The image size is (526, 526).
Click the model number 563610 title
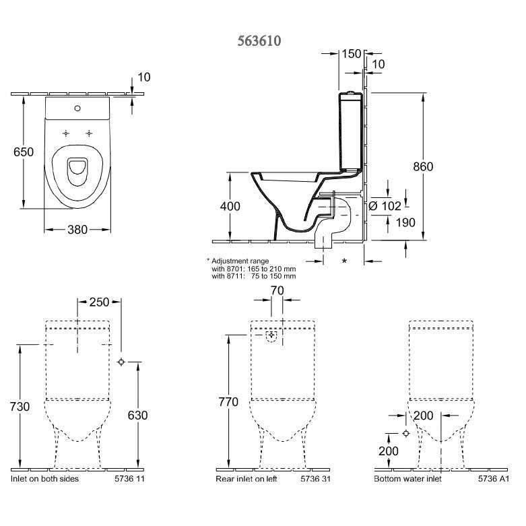[x=259, y=40]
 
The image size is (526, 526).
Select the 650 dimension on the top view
[x=24, y=152]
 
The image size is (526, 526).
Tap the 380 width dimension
[x=77, y=230]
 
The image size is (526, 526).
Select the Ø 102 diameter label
[x=386, y=206]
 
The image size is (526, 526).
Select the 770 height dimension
[x=229, y=403]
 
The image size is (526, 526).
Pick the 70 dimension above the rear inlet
[x=276, y=291]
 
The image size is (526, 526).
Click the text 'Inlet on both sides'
[x=45, y=479]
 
